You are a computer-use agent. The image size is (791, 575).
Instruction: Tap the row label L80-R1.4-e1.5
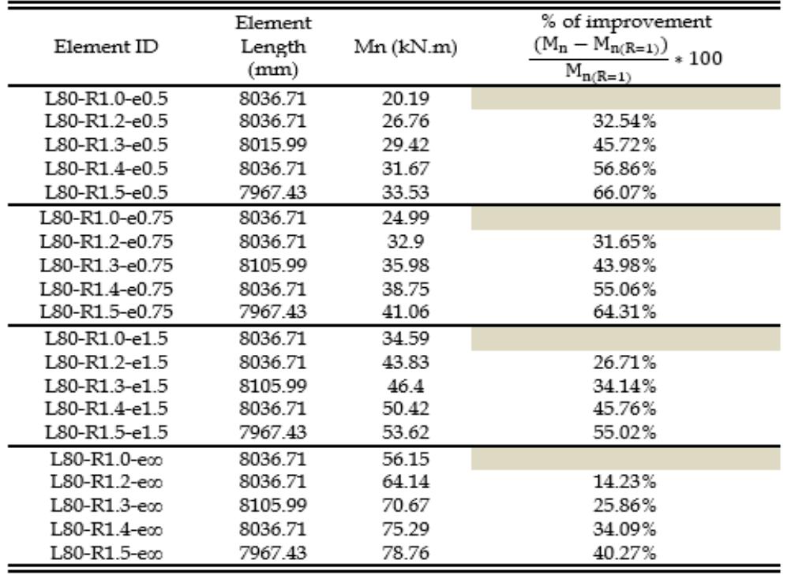coord(108,408)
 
